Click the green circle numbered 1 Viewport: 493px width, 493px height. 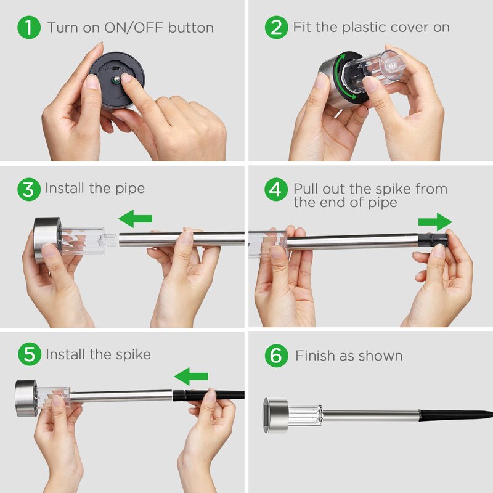[x=29, y=27]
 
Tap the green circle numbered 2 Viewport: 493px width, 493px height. [x=276, y=27]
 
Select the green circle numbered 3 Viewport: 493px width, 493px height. [x=29, y=189]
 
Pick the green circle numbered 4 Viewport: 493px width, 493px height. [x=276, y=189]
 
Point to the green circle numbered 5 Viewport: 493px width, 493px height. [x=30, y=354]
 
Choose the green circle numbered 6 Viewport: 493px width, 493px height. [x=276, y=356]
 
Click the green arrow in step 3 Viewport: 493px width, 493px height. [x=135, y=219]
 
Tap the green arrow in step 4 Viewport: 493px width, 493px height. [x=435, y=222]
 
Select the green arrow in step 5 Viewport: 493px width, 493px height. [x=191, y=376]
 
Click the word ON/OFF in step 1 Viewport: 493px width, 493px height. [x=134, y=28]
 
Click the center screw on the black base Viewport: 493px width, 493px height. [x=116, y=79]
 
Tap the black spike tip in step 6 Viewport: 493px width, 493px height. [x=491, y=414]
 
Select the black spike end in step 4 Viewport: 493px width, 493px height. [x=433, y=240]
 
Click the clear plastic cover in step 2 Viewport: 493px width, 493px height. [x=374, y=71]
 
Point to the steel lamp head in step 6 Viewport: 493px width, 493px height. [x=275, y=415]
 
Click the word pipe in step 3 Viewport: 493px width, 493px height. [x=130, y=189]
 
